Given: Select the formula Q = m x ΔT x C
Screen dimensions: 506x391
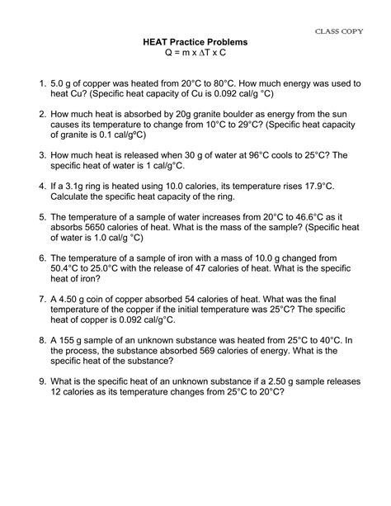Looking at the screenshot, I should (195, 53).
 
